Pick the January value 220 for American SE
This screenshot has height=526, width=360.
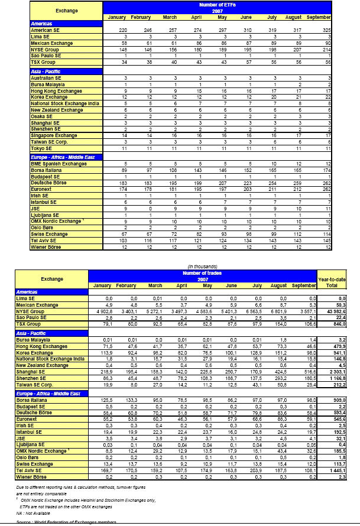tap(122, 30)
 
